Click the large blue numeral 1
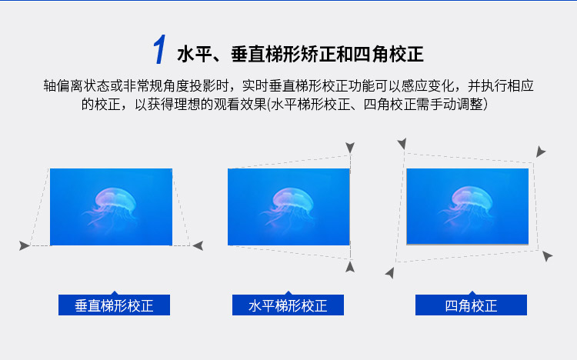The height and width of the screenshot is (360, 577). (160, 49)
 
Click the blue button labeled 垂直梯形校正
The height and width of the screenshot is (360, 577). (114, 305)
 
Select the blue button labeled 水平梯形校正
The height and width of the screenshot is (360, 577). (288, 305)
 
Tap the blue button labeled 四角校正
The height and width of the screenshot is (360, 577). (471, 305)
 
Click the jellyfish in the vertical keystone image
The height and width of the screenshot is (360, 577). (112, 207)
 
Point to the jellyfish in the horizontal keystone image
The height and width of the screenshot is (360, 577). (289, 207)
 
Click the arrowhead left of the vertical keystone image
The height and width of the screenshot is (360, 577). (25, 245)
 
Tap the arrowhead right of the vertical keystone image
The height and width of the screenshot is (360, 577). (198, 245)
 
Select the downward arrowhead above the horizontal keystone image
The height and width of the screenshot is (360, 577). (350, 148)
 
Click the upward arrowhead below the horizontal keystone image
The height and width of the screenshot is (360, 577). (350, 267)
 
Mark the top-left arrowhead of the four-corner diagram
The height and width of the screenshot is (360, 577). (402, 144)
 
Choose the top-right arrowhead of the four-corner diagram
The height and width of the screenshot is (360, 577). (540, 152)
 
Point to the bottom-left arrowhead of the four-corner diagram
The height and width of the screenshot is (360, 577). (390, 273)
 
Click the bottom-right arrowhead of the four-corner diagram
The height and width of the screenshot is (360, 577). (547, 256)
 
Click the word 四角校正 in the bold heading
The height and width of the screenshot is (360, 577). (389, 55)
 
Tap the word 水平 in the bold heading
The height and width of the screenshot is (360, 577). (195, 55)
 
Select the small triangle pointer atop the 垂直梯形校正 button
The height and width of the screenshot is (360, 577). (115, 293)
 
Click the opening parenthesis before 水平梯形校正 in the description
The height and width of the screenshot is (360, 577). (268, 105)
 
